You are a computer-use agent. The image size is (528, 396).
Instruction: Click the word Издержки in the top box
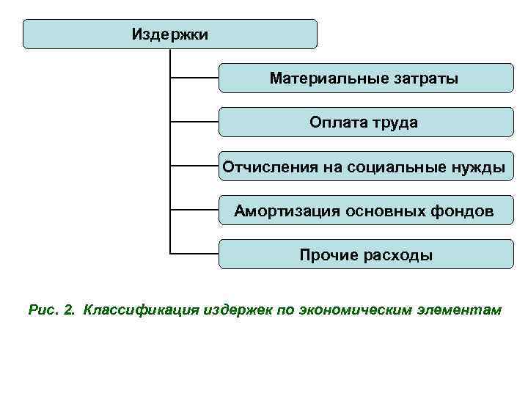click(170, 34)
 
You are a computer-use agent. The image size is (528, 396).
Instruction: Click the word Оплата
click(334, 122)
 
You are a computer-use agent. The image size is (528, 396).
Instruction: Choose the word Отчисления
click(268, 167)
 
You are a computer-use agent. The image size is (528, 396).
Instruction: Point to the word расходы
click(399, 255)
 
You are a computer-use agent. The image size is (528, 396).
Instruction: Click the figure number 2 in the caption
click(70, 310)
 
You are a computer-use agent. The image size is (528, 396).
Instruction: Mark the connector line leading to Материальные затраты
click(194, 77)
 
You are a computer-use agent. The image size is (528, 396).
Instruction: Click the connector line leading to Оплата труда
click(194, 122)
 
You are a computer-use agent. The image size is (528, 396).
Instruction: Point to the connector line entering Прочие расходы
click(194, 254)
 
